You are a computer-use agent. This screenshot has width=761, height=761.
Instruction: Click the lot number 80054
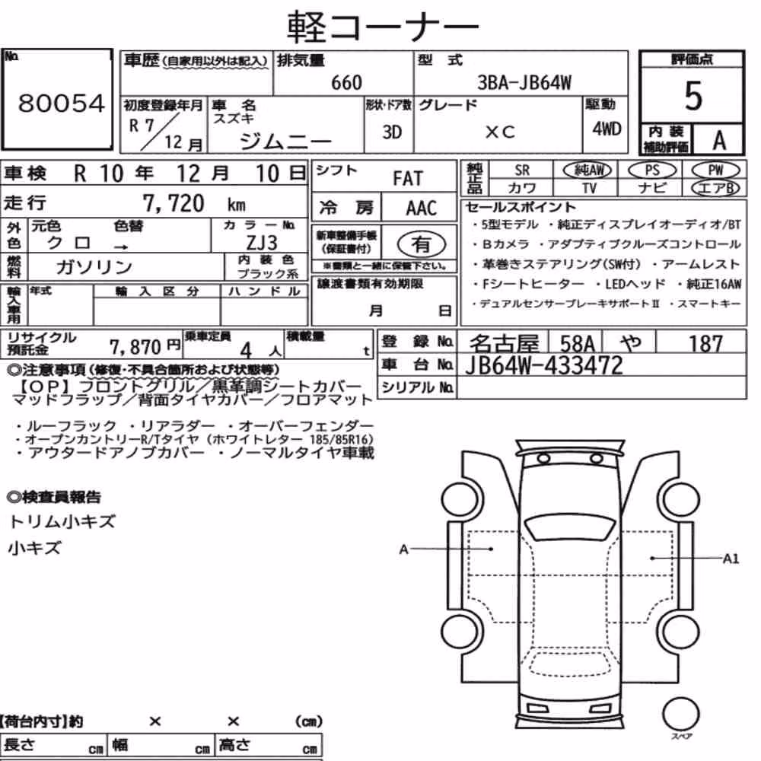pyautogui.click(x=61, y=103)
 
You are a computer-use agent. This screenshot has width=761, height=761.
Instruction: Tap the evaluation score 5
pyautogui.click(x=693, y=96)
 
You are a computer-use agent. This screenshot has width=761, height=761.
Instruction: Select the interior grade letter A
pyautogui.click(x=719, y=140)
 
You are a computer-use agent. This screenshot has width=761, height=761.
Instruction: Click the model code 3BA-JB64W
pyautogui.click(x=524, y=82)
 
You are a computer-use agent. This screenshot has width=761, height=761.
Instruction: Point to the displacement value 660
pyautogui.click(x=346, y=82)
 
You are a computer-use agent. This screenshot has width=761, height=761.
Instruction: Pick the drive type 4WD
pyautogui.click(x=607, y=129)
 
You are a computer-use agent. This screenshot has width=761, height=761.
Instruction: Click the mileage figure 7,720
pyautogui.click(x=174, y=203)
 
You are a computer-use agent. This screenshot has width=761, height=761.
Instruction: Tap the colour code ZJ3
pyautogui.click(x=262, y=242)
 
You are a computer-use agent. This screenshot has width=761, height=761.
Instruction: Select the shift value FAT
pyautogui.click(x=408, y=178)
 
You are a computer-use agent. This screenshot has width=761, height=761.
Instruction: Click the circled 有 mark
pyautogui.click(x=422, y=244)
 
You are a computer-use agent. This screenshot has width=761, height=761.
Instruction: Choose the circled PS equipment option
pyautogui.click(x=652, y=170)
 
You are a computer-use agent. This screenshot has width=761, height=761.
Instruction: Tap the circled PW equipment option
pyautogui.click(x=715, y=170)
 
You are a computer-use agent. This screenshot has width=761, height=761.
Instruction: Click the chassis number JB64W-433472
pyautogui.click(x=543, y=365)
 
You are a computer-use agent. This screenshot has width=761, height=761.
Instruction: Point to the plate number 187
pyautogui.click(x=705, y=344)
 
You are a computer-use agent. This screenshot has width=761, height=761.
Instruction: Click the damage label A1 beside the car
pyautogui.click(x=731, y=559)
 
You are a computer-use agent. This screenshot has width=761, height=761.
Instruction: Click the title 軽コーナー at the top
pyautogui.click(x=383, y=27)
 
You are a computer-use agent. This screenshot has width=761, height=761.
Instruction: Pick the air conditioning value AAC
pyautogui.click(x=422, y=209)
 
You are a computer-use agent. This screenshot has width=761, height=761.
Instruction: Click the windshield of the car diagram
pyautogui.click(x=568, y=527)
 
